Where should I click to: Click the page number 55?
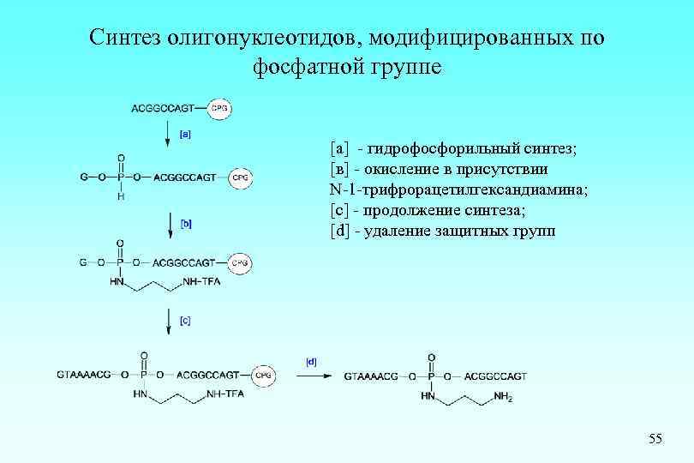(x=655, y=439)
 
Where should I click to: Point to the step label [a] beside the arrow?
(x=185, y=133)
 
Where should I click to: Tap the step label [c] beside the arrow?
(x=185, y=321)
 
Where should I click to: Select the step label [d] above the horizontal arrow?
(x=310, y=362)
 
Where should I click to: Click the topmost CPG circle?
(x=219, y=109)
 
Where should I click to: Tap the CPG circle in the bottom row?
(x=264, y=375)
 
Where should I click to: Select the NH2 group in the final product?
(x=504, y=397)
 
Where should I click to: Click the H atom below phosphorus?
(x=121, y=197)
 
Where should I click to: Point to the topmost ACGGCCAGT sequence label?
(x=163, y=109)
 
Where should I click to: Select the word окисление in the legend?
(x=400, y=170)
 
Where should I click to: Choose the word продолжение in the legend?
(x=410, y=211)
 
